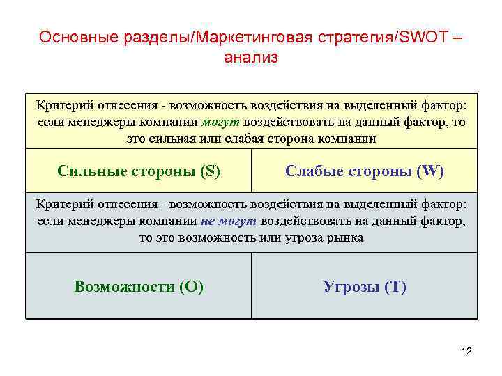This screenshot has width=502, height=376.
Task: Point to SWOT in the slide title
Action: (420, 38)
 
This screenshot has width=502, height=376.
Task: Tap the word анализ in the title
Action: (251, 58)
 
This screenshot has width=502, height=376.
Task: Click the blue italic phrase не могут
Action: (229, 221)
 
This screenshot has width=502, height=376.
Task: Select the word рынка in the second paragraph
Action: (347, 237)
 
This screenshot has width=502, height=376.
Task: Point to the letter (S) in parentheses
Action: (208, 171)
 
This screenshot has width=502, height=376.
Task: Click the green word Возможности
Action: (124, 287)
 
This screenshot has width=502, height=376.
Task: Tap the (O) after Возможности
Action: (191, 287)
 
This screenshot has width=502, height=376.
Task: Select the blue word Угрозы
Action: (351, 287)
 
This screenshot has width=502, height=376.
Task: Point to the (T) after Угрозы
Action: (395, 287)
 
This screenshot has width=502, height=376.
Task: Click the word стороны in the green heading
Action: (160, 171)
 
